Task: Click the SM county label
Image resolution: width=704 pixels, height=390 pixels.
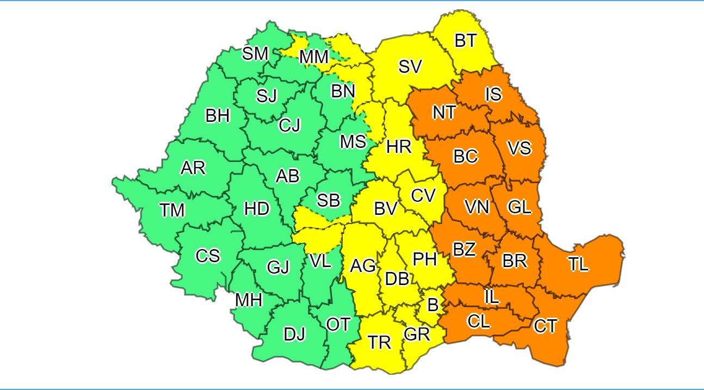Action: (255, 53)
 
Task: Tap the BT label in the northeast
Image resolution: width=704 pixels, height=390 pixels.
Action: (465, 41)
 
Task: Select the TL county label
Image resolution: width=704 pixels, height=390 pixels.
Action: (578, 264)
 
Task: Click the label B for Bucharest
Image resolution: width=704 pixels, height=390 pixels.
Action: (433, 305)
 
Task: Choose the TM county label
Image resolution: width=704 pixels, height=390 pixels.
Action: (172, 210)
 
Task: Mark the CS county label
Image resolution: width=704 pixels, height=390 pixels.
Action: (208, 255)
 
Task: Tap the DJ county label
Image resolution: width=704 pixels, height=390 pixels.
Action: (294, 335)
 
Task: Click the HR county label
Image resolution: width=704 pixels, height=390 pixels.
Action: (398, 146)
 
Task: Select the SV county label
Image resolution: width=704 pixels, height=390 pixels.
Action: (410, 66)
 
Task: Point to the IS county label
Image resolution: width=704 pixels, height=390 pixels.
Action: (493, 94)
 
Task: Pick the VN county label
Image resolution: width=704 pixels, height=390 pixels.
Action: (477, 207)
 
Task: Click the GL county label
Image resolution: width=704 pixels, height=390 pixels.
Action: (519, 207)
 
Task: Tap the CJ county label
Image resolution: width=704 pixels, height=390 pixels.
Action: (289, 126)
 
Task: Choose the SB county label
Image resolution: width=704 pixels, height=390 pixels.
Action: (329, 200)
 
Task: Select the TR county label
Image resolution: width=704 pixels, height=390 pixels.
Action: (379, 342)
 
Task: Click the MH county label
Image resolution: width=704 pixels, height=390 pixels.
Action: (249, 299)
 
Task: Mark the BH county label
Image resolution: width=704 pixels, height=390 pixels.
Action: (218, 115)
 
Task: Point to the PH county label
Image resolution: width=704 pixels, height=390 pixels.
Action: (425, 259)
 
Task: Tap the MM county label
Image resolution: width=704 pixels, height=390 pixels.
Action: (314, 57)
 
